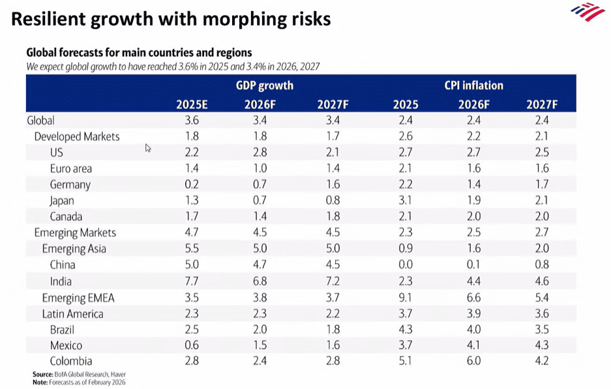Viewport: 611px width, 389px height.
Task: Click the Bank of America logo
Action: pyautogui.click(x=588, y=11)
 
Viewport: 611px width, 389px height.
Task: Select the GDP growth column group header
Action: pyautogui.click(x=264, y=86)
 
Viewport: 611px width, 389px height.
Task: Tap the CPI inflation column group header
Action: pyautogui.click(x=473, y=86)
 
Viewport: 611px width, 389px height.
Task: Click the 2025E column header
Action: pyautogui.click(x=192, y=104)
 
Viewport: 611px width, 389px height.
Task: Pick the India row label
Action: pyautogui.click(x=61, y=281)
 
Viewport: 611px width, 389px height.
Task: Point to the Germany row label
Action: pyautogui.click(x=70, y=185)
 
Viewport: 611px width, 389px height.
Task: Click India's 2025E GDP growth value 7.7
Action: pyautogui.click(x=192, y=281)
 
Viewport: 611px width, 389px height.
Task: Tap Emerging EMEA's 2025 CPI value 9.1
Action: pyautogui.click(x=405, y=298)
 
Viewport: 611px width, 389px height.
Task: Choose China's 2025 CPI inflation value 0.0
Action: pyautogui.click(x=405, y=265)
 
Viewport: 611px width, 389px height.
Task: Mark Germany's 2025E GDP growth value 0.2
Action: pyautogui.click(x=192, y=185)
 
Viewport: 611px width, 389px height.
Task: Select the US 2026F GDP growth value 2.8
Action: pyautogui.click(x=261, y=153)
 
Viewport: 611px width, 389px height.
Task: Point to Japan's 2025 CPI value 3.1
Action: pyautogui.click(x=405, y=201)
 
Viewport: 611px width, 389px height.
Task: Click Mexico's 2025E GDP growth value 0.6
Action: pyautogui.click(x=192, y=345)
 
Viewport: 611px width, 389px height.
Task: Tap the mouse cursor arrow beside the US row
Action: pyautogui.click(x=148, y=148)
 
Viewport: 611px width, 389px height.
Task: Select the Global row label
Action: pyautogui.click(x=40, y=120)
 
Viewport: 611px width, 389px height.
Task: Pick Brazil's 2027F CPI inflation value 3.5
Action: pyautogui.click(x=542, y=330)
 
